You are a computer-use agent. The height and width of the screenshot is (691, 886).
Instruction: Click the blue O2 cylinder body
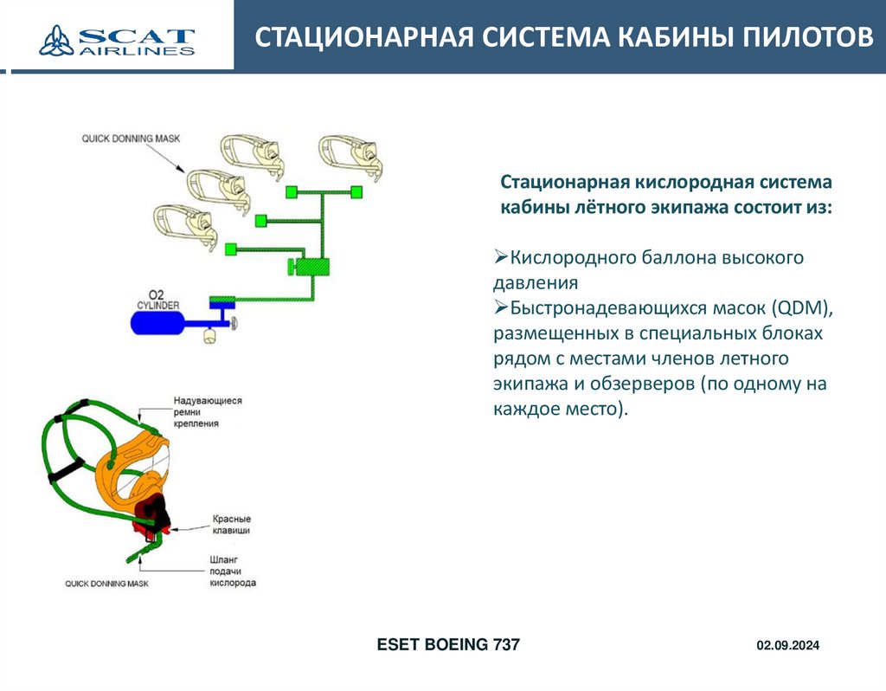tap(157, 324)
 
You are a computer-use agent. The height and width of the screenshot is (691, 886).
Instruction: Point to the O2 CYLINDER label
tap(157, 300)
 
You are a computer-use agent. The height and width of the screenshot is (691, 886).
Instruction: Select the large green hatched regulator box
tap(311, 267)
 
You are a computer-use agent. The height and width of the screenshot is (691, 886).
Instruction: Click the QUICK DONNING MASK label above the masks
tap(125, 139)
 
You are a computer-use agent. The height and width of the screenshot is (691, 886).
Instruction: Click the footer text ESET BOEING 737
tap(448, 645)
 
